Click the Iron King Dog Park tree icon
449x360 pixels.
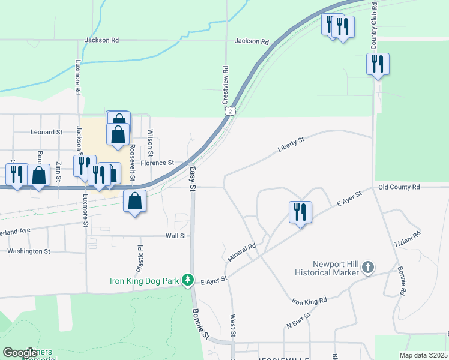tap(188, 280)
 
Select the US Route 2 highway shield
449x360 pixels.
tap(229, 111)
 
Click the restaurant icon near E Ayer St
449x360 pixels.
tap(300, 212)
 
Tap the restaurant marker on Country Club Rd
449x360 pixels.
tap(378, 64)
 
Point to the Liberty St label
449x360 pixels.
tap(292, 144)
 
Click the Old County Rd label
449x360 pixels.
tap(399, 187)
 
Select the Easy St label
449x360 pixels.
tap(193, 179)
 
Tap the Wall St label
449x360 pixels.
tap(176, 236)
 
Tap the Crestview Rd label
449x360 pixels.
tap(226, 84)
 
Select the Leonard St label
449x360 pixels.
tap(47, 132)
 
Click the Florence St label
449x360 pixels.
tap(157, 163)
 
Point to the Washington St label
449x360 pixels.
tap(29, 251)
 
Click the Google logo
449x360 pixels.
tap(20, 353)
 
